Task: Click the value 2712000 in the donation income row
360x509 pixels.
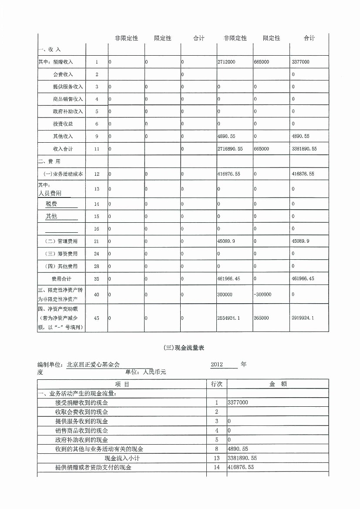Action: pos(226,62)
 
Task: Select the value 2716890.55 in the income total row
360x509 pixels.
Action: pos(230,149)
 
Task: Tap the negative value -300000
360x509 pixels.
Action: pos(262,295)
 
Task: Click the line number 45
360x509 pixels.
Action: pos(97,318)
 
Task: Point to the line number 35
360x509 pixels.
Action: pos(97,278)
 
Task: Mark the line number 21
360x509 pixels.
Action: pos(97,241)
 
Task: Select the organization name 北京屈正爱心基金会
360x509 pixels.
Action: pos(93,365)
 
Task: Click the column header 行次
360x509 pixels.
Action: pos(216,384)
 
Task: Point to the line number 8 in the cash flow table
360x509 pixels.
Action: pos(216,449)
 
